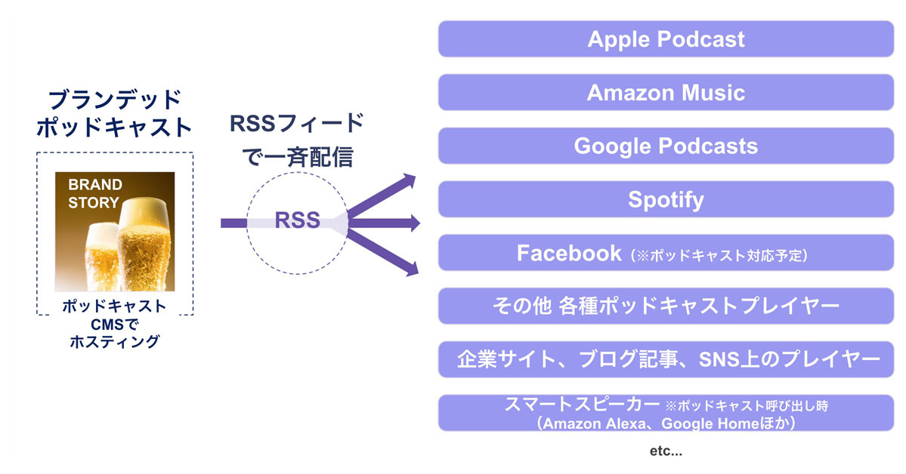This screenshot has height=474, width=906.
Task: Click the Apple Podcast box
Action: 666,39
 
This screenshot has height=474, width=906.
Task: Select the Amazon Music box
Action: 666,93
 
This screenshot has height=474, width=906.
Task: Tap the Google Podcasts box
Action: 666,146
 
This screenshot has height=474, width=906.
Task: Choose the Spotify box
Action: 666,199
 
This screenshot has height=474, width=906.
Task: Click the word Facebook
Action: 568,253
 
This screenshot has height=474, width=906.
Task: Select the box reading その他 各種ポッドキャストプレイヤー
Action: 666,306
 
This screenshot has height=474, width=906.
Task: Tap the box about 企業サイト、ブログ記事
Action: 666,359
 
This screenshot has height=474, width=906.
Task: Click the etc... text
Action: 666,452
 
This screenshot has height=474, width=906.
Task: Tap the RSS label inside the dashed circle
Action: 297,221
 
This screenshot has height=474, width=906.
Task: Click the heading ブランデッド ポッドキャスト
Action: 115,113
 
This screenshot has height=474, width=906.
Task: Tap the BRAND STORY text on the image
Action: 94,193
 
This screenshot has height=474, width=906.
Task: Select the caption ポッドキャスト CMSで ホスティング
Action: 115,324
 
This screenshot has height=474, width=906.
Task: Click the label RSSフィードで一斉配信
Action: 297,140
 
